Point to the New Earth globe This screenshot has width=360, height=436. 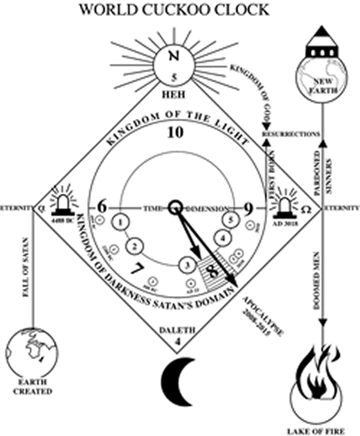pos(322,82)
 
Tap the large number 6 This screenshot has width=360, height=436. pos(101,208)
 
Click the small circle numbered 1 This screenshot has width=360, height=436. pos(122,223)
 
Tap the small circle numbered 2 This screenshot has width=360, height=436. pos(136,245)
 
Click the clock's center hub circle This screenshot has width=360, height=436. pos(175,207)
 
